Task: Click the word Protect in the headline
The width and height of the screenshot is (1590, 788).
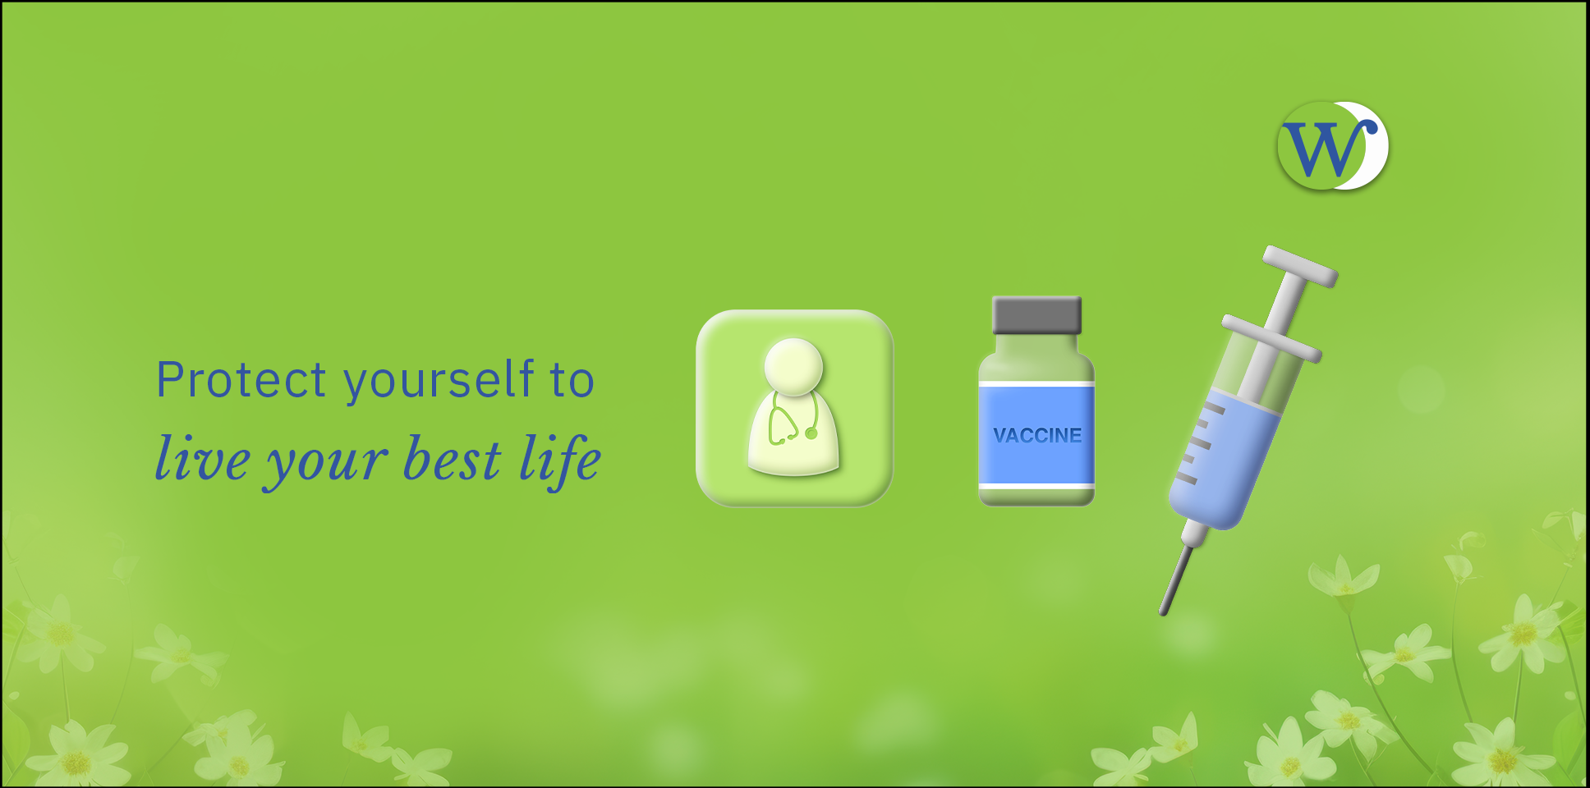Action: (x=241, y=380)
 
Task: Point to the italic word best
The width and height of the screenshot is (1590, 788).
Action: (x=453, y=458)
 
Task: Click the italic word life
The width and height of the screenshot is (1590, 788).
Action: (x=560, y=460)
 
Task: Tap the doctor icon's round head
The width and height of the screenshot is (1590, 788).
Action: (x=793, y=367)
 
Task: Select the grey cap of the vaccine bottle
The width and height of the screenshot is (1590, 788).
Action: (x=1036, y=315)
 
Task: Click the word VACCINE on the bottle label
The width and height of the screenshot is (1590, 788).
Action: (x=1037, y=435)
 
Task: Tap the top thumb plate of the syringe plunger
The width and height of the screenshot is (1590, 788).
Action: (x=1301, y=266)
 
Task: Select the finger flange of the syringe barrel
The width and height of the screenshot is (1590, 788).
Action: (x=1272, y=337)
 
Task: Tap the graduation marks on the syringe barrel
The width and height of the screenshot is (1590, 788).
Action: (x=1197, y=443)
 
